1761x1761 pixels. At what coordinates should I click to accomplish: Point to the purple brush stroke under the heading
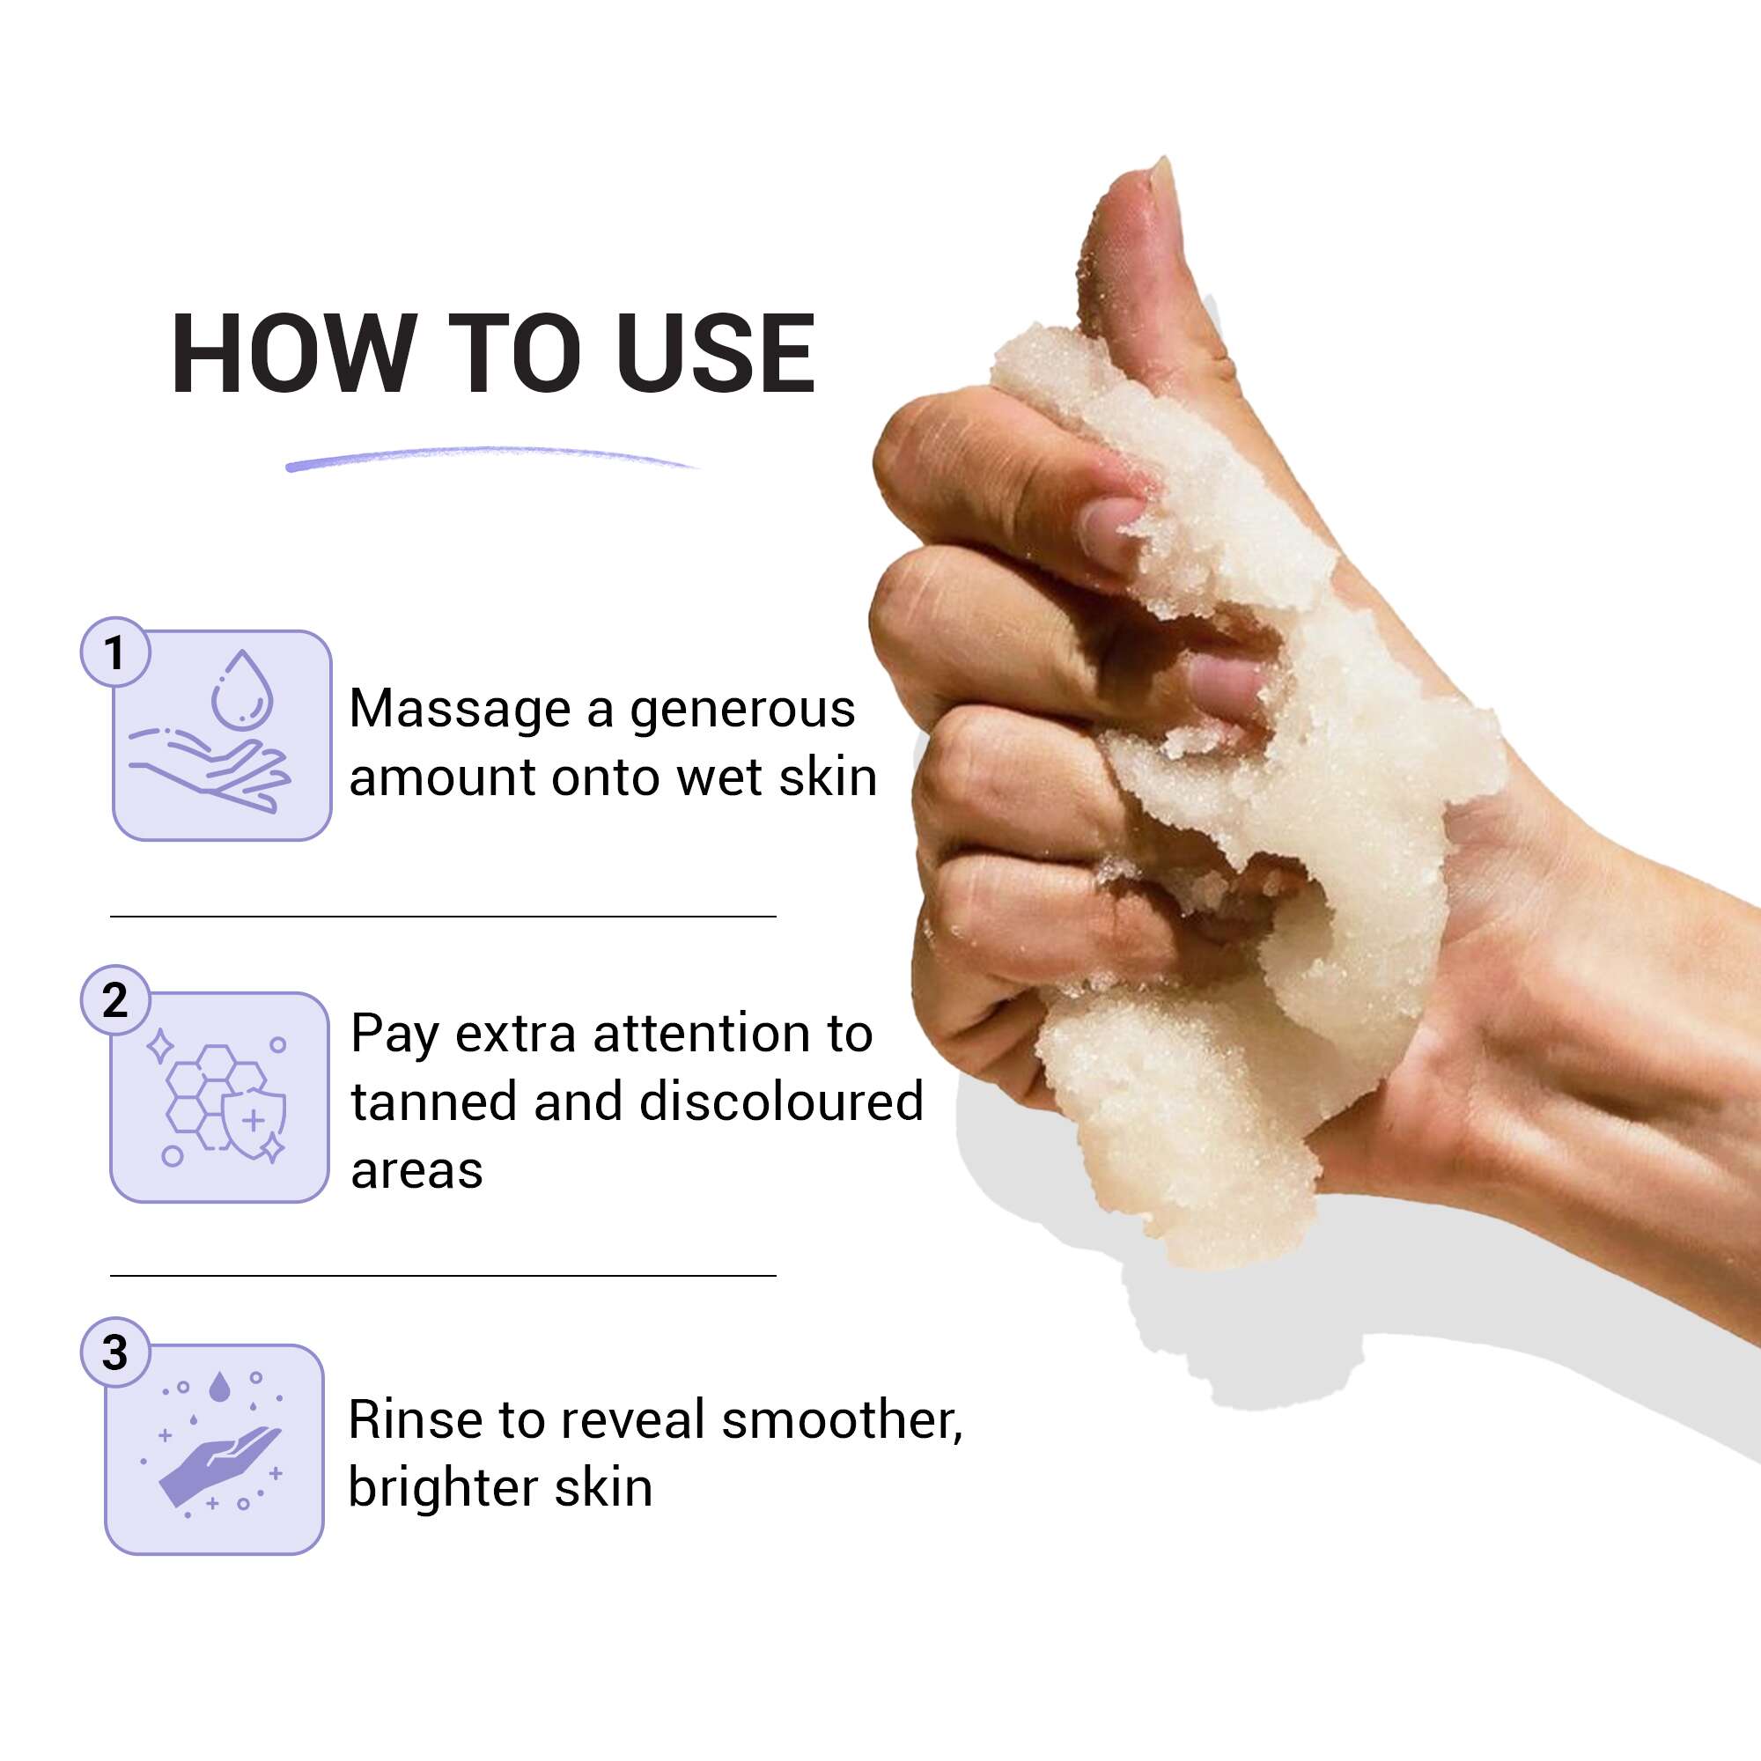click(492, 458)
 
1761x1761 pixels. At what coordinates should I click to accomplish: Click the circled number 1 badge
click(114, 652)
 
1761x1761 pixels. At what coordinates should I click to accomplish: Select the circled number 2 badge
click(114, 1000)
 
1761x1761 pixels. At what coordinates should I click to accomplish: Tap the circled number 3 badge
click(114, 1352)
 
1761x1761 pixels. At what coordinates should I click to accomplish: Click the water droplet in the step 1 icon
click(241, 690)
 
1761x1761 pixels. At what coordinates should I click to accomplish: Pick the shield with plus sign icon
click(254, 1120)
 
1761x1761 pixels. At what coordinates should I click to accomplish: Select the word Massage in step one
click(460, 709)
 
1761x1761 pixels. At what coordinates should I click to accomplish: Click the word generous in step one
click(742, 711)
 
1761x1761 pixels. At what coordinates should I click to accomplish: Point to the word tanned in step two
click(434, 1102)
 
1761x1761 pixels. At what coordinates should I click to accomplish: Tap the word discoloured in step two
click(781, 1102)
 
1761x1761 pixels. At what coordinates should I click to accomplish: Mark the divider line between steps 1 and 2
click(443, 916)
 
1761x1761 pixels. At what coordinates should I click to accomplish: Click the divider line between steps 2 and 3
click(443, 1276)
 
